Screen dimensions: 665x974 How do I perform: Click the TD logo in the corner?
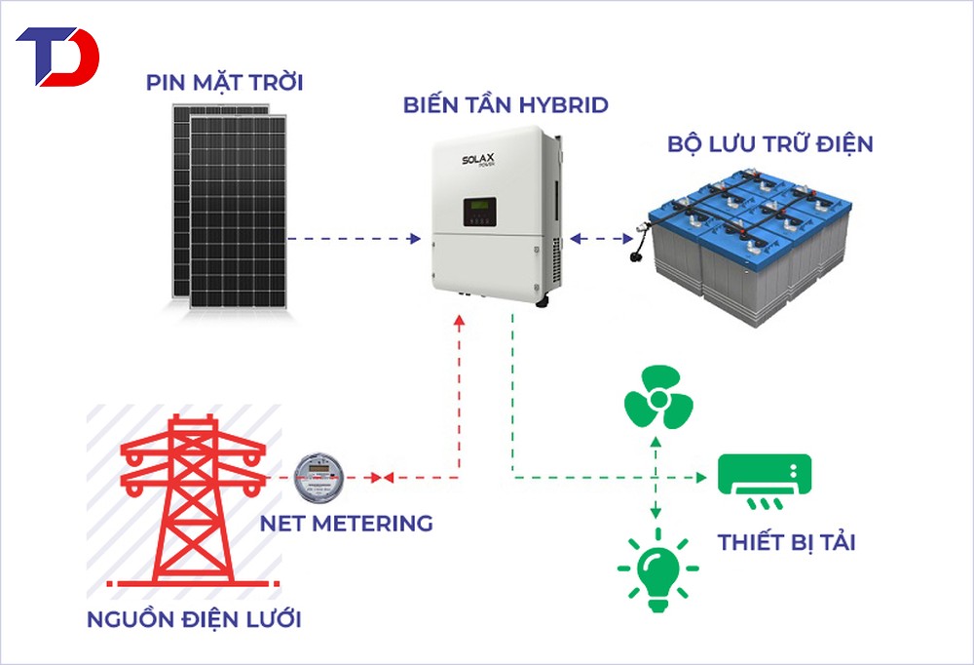57,57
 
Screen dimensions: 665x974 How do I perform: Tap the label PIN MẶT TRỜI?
225,83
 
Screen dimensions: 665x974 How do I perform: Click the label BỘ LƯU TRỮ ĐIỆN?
770,144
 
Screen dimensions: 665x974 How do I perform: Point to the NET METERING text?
347,523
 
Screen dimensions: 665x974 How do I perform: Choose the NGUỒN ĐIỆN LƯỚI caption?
194,619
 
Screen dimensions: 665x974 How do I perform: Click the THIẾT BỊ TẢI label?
786,542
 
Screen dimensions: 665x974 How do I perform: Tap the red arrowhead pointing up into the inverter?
459,320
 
